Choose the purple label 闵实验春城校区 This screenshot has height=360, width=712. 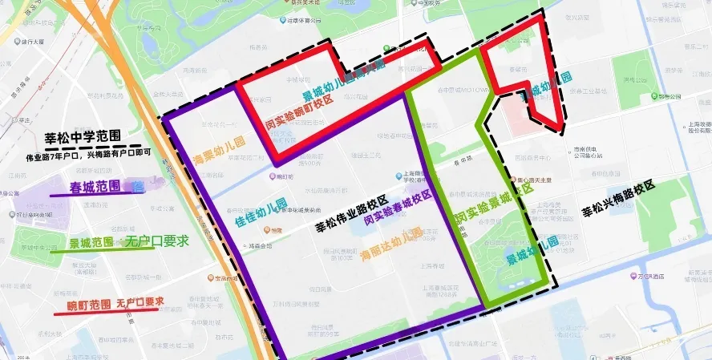(398, 208)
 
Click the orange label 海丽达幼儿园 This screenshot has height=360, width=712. (392, 245)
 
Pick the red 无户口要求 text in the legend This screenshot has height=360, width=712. (140, 302)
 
